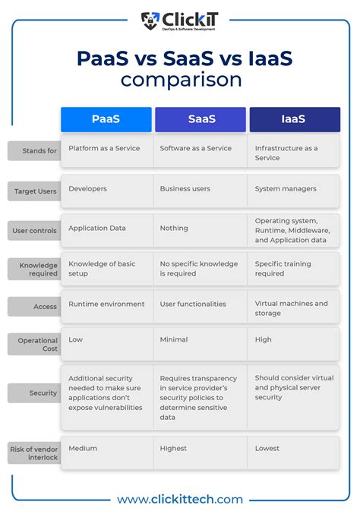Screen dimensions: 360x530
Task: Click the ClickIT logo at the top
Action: (x=178, y=21)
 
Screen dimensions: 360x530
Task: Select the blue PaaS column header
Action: (x=106, y=119)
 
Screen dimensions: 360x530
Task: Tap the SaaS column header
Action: (x=201, y=119)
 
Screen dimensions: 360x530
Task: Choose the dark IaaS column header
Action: (x=294, y=119)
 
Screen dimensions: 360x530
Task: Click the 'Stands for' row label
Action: (x=34, y=151)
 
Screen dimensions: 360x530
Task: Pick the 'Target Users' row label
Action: (x=34, y=191)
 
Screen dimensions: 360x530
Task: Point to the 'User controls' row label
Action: (x=34, y=231)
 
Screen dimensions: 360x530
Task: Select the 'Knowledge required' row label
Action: (x=34, y=268)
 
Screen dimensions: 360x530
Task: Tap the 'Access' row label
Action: (x=34, y=307)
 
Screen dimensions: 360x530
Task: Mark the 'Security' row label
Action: (x=34, y=393)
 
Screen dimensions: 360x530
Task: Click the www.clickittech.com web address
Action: (x=180, y=500)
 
